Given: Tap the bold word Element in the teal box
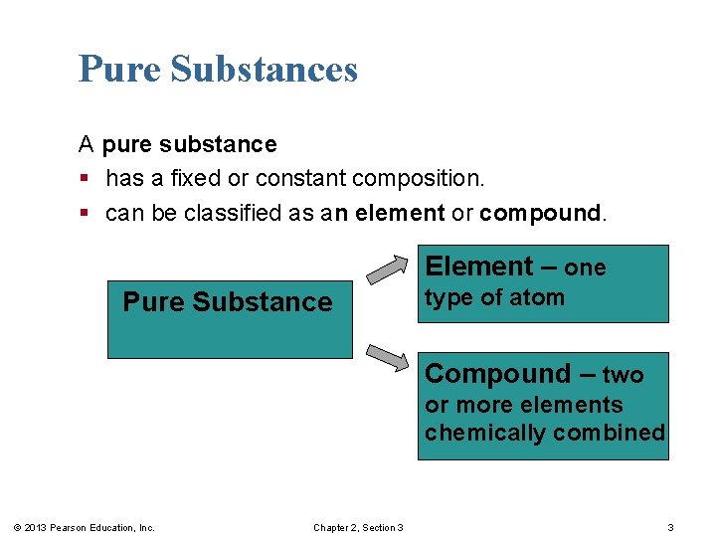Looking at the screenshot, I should click(479, 267).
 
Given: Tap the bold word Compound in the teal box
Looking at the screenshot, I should click(497, 374).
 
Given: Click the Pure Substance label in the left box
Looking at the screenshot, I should click(227, 302).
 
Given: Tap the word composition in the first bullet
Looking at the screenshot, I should click(427, 179).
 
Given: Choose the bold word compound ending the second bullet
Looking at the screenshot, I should click(540, 213).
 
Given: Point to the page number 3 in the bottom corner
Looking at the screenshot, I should click(670, 527).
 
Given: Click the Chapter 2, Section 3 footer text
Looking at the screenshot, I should click(358, 527).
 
